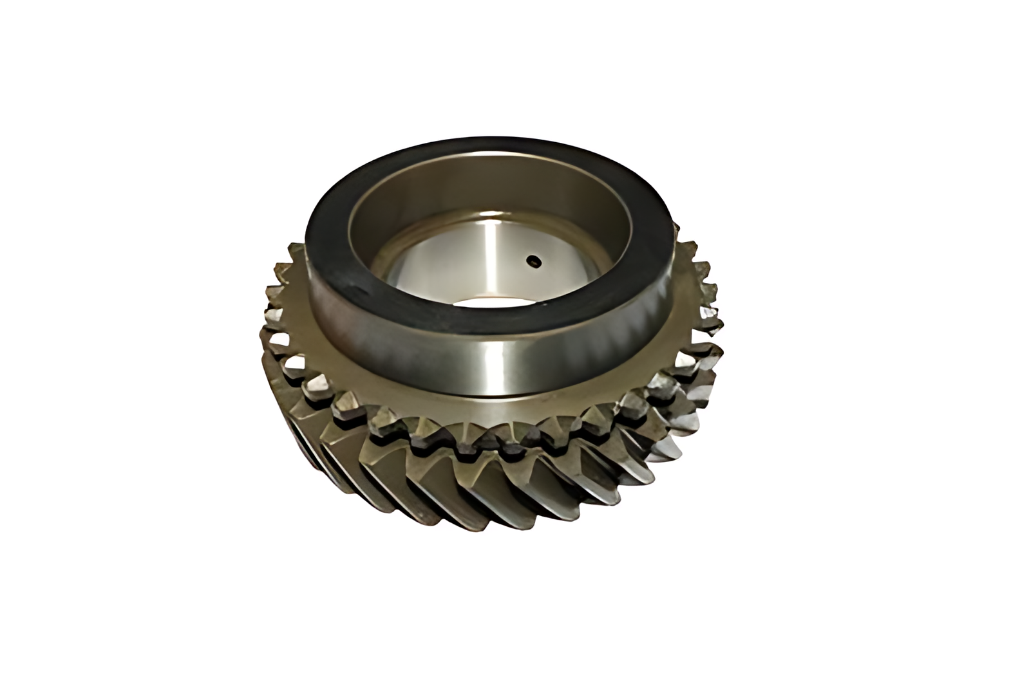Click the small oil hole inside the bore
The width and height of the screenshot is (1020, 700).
pos(533,261)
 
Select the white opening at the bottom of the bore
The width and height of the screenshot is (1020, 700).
pos(496,302)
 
